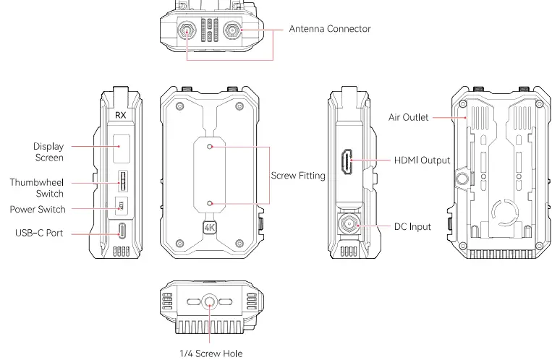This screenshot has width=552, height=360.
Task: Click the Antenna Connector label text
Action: click(x=330, y=29)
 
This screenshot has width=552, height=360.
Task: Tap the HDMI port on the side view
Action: click(x=347, y=162)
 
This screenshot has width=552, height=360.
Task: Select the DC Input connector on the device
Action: click(x=349, y=223)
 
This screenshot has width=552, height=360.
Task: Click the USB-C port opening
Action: click(x=122, y=230)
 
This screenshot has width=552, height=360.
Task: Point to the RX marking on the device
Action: click(x=120, y=115)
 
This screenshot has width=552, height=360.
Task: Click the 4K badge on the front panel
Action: click(x=210, y=228)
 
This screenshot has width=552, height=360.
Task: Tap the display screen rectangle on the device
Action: click(x=122, y=148)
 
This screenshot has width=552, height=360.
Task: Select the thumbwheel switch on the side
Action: click(x=122, y=181)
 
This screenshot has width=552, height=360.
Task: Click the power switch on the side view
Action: click(x=122, y=205)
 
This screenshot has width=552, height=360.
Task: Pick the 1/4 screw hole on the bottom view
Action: click(x=210, y=302)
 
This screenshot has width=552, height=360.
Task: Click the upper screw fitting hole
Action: click(x=210, y=147)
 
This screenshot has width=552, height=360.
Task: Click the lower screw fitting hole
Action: click(x=210, y=203)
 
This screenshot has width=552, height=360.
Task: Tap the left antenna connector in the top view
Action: click(x=186, y=30)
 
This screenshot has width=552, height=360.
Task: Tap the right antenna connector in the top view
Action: click(x=232, y=30)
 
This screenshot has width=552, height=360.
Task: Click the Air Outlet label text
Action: click(x=408, y=117)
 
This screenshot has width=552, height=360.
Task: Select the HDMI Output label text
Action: click(x=422, y=160)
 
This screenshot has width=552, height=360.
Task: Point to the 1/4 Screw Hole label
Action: click(x=211, y=353)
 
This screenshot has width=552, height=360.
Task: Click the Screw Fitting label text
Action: click(x=298, y=175)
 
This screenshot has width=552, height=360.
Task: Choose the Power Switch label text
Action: click(x=38, y=209)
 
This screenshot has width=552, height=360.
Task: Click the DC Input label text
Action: click(x=412, y=227)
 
